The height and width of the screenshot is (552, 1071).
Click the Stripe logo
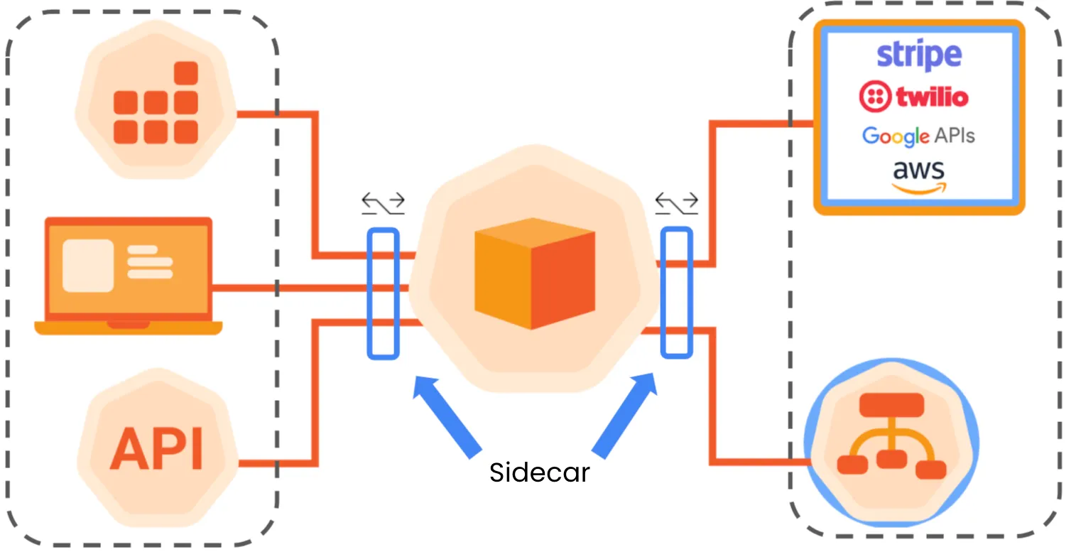click(x=918, y=55)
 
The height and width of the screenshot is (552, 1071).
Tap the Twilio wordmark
click(x=931, y=97)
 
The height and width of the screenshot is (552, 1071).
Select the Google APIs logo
click(x=918, y=136)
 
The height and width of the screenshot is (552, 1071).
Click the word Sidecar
click(x=539, y=472)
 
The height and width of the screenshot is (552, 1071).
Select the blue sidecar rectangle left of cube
click(x=383, y=293)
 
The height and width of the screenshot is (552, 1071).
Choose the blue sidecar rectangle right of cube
click(x=676, y=292)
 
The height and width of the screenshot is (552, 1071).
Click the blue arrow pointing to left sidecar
click(x=447, y=416)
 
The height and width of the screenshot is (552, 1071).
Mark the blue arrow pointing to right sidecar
click(x=625, y=416)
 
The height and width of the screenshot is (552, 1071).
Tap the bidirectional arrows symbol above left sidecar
click(x=383, y=203)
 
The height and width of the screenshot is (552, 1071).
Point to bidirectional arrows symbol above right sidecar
click(x=676, y=203)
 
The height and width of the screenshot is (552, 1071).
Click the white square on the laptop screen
click(x=88, y=266)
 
